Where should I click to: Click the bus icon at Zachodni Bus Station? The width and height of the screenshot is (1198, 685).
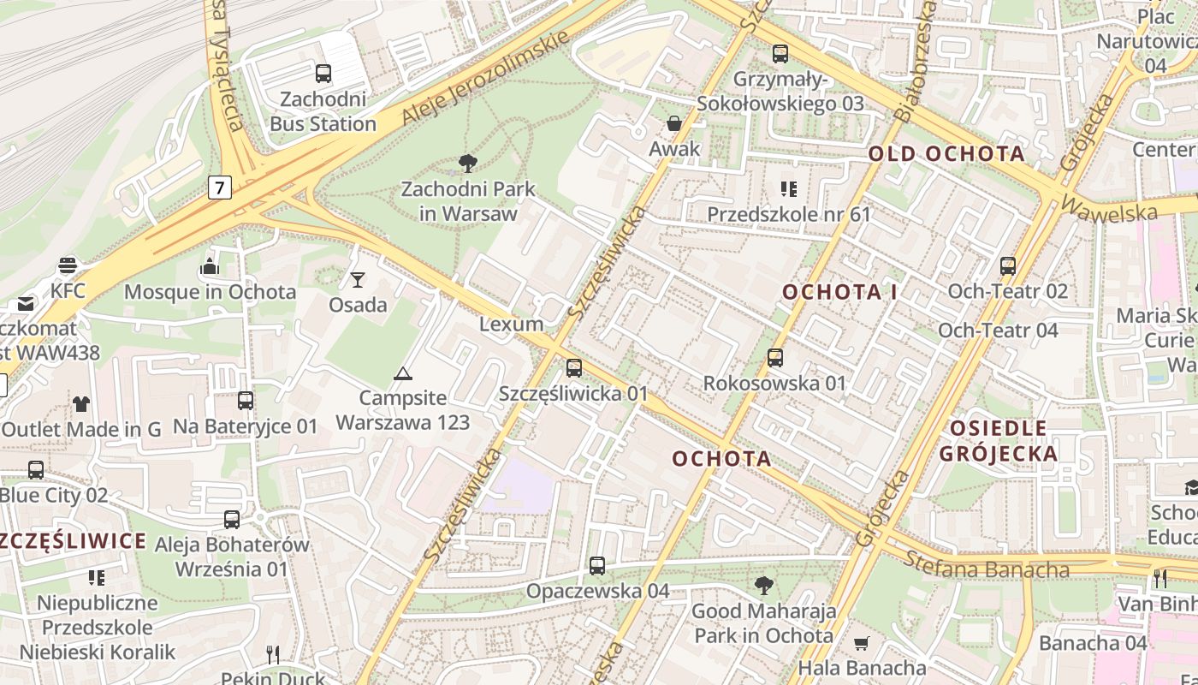[323, 74]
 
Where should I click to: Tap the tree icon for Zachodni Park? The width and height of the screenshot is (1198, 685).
[467, 163]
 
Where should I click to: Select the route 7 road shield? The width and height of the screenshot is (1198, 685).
[220, 187]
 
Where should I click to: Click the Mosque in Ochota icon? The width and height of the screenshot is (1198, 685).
[210, 267]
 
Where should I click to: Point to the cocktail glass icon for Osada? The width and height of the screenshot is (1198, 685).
[358, 279]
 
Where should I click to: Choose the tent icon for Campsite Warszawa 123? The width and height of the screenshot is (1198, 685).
[402, 373]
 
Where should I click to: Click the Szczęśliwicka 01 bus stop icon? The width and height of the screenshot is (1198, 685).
[573, 368]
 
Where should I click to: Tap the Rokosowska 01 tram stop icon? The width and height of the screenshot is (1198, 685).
[774, 358]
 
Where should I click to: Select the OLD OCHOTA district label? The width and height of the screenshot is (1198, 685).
[946, 154]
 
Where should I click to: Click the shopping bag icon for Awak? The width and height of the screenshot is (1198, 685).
[674, 123]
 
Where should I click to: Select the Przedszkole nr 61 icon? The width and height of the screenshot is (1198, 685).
[788, 188]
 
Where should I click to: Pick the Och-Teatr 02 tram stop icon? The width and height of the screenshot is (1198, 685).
[1007, 266]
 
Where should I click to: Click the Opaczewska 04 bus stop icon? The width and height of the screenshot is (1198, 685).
[597, 566]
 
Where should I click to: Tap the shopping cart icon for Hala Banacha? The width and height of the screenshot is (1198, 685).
[862, 642]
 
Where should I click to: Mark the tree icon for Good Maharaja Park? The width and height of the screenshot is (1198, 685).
[763, 586]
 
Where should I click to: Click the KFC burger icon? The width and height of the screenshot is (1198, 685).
[68, 265]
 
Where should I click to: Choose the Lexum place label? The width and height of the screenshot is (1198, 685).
[512, 324]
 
